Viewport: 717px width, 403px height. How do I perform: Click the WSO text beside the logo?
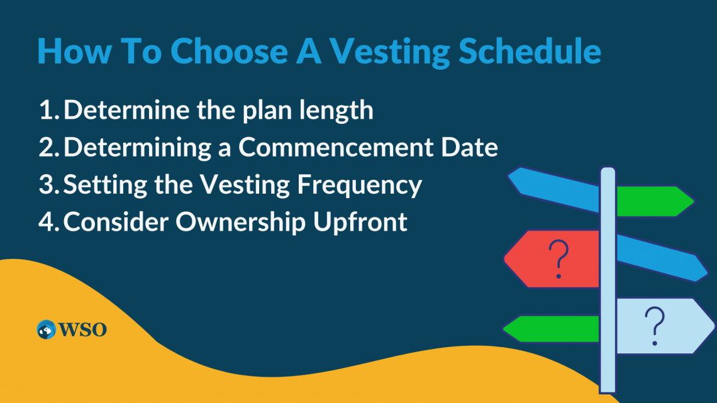pyautogui.click(x=82, y=329)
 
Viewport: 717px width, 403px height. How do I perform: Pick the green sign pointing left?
pyautogui.click(x=553, y=329)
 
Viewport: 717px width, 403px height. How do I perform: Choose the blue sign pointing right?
pyautogui.click(x=660, y=258)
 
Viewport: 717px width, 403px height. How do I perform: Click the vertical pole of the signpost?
pyautogui.click(x=607, y=283)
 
